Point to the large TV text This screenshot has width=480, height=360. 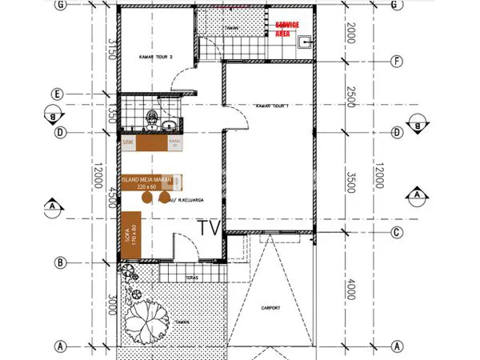[x=209, y=227]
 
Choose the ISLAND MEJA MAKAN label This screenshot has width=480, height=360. [x=147, y=181]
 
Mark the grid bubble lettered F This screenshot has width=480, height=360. [x=395, y=61]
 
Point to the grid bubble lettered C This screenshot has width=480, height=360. [x=395, y=233]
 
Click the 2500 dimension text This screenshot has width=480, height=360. [x=350, y=96]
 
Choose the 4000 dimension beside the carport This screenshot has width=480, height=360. [x=350, y=289]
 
